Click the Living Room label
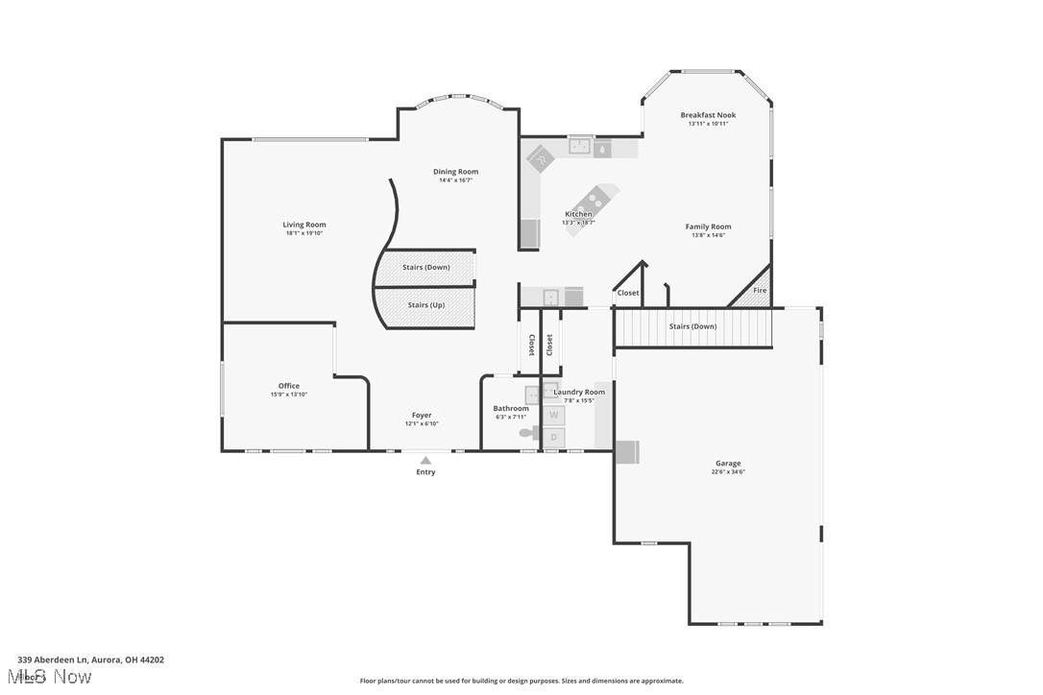coord(303,225)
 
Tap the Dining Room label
coord(455,172)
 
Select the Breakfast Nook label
coord(708,115)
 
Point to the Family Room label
coord(708,227)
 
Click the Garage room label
coord(728,464)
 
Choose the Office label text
coord(289,386)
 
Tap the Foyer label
coord(422,416)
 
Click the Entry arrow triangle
coord(425,461)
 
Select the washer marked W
coord(554,415)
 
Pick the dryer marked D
coord(554,438)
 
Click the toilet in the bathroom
coord(529,433)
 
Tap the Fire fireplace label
coord(760,291)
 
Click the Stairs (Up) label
coord(425,305)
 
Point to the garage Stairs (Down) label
coord(692,326)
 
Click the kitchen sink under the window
coord(578,147)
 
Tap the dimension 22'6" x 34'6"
coord(728,472)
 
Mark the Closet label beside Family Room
coord(628,293)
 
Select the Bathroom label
coord(511,408)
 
